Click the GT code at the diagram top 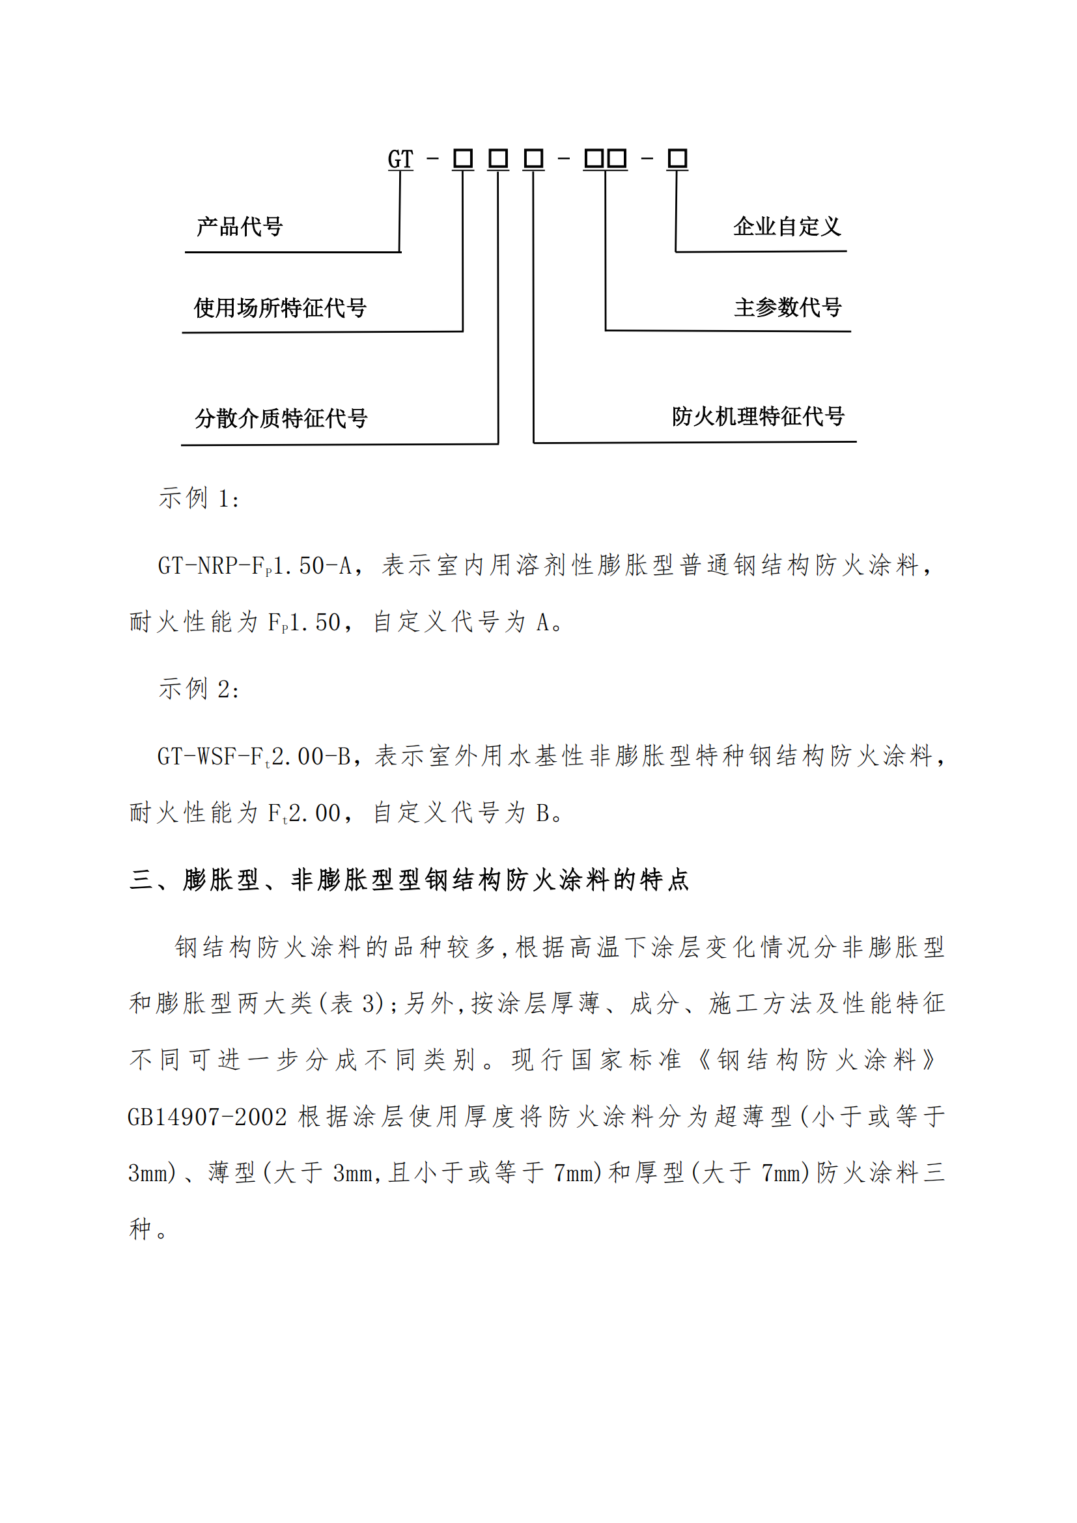click(x=400, y=160)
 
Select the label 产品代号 click(x=240, y=227)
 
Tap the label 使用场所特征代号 click(x=280, y=308)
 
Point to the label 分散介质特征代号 click(x=281, y=418)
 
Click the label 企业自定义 click(x=787, y=227)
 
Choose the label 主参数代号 click(x=787, y=307)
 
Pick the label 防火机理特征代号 click(x=757, y=417)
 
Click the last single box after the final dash click(x=677, y=159)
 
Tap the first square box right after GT click(x=463, y=159)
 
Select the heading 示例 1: click(x=199, y=498)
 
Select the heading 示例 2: click(x=199, y=689)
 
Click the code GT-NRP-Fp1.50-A click(x=255, y=566)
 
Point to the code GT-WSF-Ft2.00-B click(x=254, y=756)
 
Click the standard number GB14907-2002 click(x=207, y=1117)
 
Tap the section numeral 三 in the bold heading click(x=141, y=880)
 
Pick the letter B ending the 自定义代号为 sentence click(x=542, y=813)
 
